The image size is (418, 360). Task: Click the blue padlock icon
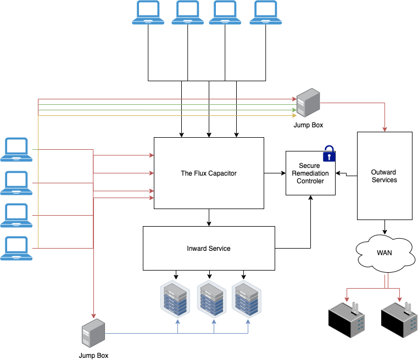[x=328, y=154]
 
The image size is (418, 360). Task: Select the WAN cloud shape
[x=384, y=253]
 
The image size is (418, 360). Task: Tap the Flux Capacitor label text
[x=209, y=173]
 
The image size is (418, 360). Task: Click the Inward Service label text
[x=209, y=249]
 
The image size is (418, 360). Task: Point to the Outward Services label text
[x=384, y=176]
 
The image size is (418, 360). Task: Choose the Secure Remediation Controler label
[x=310, y=173]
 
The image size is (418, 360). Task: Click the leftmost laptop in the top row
[x=148, y=13]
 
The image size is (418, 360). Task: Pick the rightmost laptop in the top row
[x=266, y=13]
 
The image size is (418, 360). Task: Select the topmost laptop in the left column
[x=16, y=149]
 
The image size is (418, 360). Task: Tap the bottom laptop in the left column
[x=16, y=248]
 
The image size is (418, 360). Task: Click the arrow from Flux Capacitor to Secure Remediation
[x=275, y=173]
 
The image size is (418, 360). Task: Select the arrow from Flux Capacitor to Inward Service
[x=209, y=217]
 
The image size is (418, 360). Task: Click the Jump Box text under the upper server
[x=309, y=125]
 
